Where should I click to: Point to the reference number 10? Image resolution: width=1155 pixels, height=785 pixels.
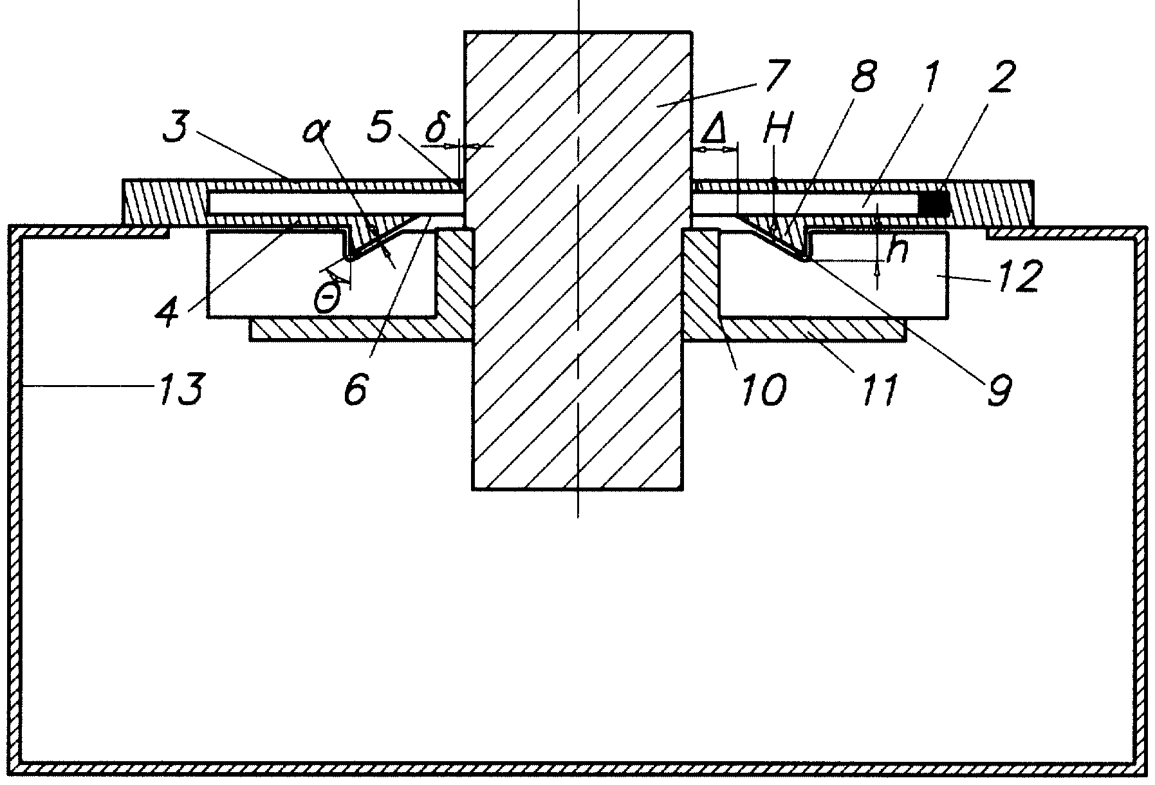point(169,308)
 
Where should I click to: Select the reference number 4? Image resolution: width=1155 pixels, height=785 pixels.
point(169,308)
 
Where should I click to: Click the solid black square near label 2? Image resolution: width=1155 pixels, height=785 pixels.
point(934,203)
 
